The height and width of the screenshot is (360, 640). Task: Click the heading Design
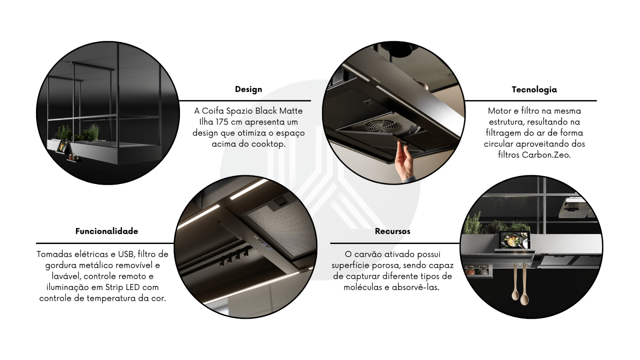tap(248, 90)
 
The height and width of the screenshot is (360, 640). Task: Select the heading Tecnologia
tap(534, 90)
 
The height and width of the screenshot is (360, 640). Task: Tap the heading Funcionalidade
tap(106, 231)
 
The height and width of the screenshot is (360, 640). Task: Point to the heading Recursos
tap(392, 231)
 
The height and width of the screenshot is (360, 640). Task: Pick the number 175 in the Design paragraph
tap(222, 122)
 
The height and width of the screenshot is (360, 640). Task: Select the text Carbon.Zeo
tap(546, 155)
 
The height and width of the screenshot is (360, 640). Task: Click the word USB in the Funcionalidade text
tap(126, 254)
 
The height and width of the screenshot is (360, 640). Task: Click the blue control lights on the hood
tap(264, 246)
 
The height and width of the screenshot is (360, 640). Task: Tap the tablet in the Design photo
tap(62, 146)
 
